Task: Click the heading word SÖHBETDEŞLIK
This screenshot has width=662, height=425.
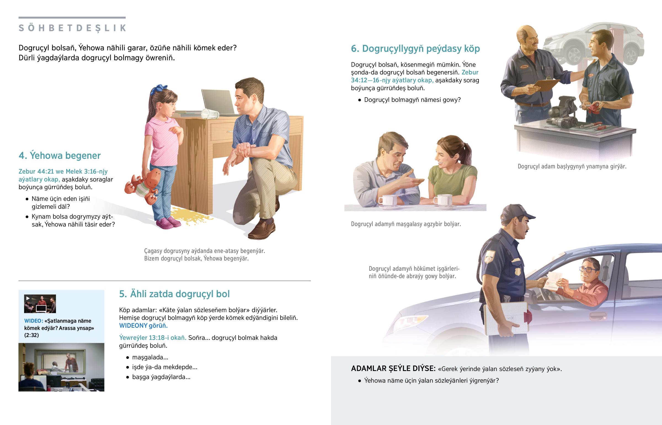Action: point(72,28)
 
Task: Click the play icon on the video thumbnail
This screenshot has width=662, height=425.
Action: point(28,298)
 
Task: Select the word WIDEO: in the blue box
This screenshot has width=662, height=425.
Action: point(33,321)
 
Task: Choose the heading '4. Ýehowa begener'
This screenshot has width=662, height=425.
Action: point(60,155)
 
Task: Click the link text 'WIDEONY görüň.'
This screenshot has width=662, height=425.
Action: point(143,325)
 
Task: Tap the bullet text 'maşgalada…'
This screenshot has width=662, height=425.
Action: point(150,357)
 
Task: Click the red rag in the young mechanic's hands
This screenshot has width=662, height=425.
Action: point(591,108)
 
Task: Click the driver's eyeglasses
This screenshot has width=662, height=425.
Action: point(587,269)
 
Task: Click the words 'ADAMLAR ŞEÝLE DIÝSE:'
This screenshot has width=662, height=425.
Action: point(393,369)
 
